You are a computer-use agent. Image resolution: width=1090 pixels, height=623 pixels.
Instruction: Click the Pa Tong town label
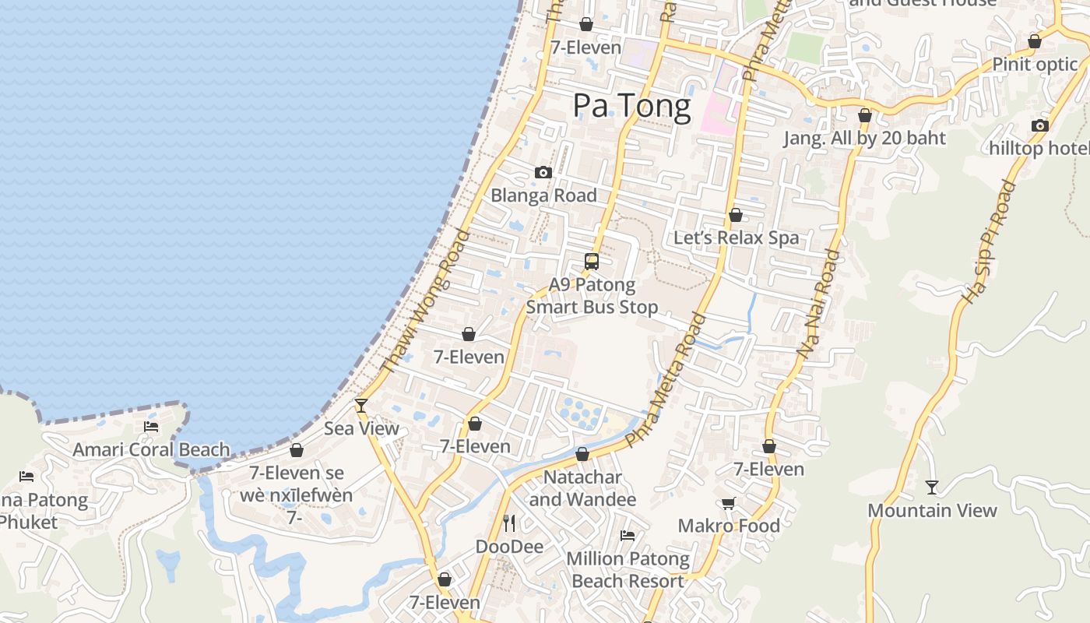631,106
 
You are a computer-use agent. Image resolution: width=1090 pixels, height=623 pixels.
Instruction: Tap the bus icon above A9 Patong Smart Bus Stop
592,262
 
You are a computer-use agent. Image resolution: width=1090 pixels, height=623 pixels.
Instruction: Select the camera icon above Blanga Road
543,172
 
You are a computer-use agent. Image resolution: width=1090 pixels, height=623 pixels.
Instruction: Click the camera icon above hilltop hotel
1039,125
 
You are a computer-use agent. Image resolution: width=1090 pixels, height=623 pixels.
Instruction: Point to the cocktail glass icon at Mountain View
932,487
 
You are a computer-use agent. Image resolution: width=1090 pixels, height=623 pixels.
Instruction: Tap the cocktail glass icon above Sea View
361,405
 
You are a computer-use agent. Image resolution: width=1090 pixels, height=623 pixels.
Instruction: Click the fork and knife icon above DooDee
509,523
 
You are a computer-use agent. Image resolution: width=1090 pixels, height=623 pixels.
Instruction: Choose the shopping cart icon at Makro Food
729,503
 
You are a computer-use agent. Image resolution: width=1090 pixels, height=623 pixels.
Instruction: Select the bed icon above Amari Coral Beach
151,426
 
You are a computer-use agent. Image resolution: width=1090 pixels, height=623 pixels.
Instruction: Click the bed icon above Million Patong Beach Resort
628,535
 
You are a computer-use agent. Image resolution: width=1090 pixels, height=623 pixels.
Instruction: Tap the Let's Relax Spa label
736,238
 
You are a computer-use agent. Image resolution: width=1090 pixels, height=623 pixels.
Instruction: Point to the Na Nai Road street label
820,304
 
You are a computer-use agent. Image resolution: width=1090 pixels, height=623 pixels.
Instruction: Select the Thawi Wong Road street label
425,301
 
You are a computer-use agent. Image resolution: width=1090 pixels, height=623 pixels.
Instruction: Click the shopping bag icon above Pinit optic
1035,41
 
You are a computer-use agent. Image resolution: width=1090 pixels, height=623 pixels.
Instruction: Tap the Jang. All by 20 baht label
864,139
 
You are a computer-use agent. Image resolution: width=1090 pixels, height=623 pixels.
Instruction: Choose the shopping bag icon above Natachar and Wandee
582,454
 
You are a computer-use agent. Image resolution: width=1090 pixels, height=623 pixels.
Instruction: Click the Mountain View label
932,511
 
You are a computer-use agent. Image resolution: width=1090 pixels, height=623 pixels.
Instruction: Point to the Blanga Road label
543,195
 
